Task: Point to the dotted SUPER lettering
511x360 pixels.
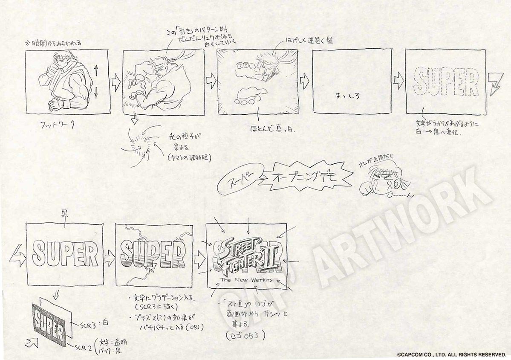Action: [446, 82]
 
